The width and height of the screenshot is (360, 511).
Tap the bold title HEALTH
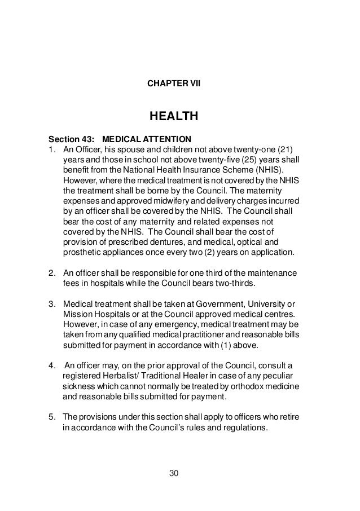(x=173, y=117)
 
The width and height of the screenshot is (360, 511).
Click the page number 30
(x=174, y=472)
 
